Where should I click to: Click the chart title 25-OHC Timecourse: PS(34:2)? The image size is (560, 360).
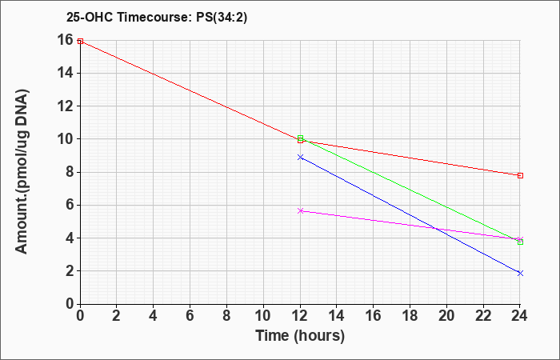tap(157, 17)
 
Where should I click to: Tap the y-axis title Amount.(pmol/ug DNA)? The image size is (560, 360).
tap(22, 172)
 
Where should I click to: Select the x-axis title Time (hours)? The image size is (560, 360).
tap(300, 336)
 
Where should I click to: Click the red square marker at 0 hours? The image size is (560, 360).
tap(80, 42)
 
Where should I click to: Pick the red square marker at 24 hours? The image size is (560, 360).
tap(520, 175)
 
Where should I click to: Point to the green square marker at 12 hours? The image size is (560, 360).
tap(300, 138)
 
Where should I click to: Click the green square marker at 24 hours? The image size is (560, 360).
tap(520, 242)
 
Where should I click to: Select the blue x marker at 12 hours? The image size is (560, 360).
tap(300, 157)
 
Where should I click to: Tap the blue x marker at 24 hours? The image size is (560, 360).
tap(520, 274)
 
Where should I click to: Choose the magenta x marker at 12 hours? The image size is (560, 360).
tap(300, 210)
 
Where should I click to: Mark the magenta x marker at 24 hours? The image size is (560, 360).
tap(520, 239)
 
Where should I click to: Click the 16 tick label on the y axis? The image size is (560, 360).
tap(65, 40)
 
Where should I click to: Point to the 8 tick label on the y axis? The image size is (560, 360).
tap(69, 172)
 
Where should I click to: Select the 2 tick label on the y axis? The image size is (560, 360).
tap(69, 271)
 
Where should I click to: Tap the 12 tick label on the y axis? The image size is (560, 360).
tap(65, 106)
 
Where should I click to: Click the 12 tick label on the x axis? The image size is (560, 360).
tap(300, 316)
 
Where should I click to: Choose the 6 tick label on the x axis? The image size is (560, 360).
tap(190, 316)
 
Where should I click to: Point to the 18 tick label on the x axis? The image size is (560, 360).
tap(410, 316)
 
